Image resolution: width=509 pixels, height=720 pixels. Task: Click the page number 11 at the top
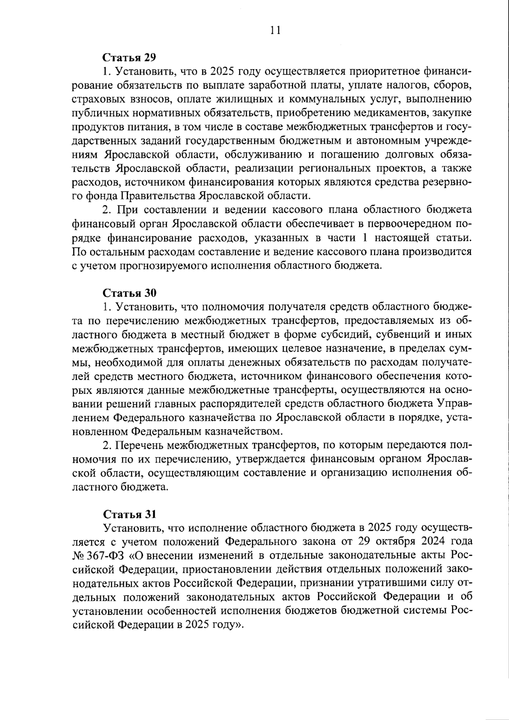pyautogui.click(x=274, y=31)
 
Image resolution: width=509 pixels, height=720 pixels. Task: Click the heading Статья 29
pyautogui.click(x=130, y=57)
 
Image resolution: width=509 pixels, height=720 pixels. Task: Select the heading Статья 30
pyautogui.click(x=130, y=293)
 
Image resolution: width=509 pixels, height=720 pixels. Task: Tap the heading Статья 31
pyautogui.click(x=130, y=514)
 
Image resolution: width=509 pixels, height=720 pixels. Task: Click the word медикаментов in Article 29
pyautogui.click(x=375, y=113)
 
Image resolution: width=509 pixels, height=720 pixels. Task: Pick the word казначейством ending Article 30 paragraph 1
pyautogui.click(x=240, y=431)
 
